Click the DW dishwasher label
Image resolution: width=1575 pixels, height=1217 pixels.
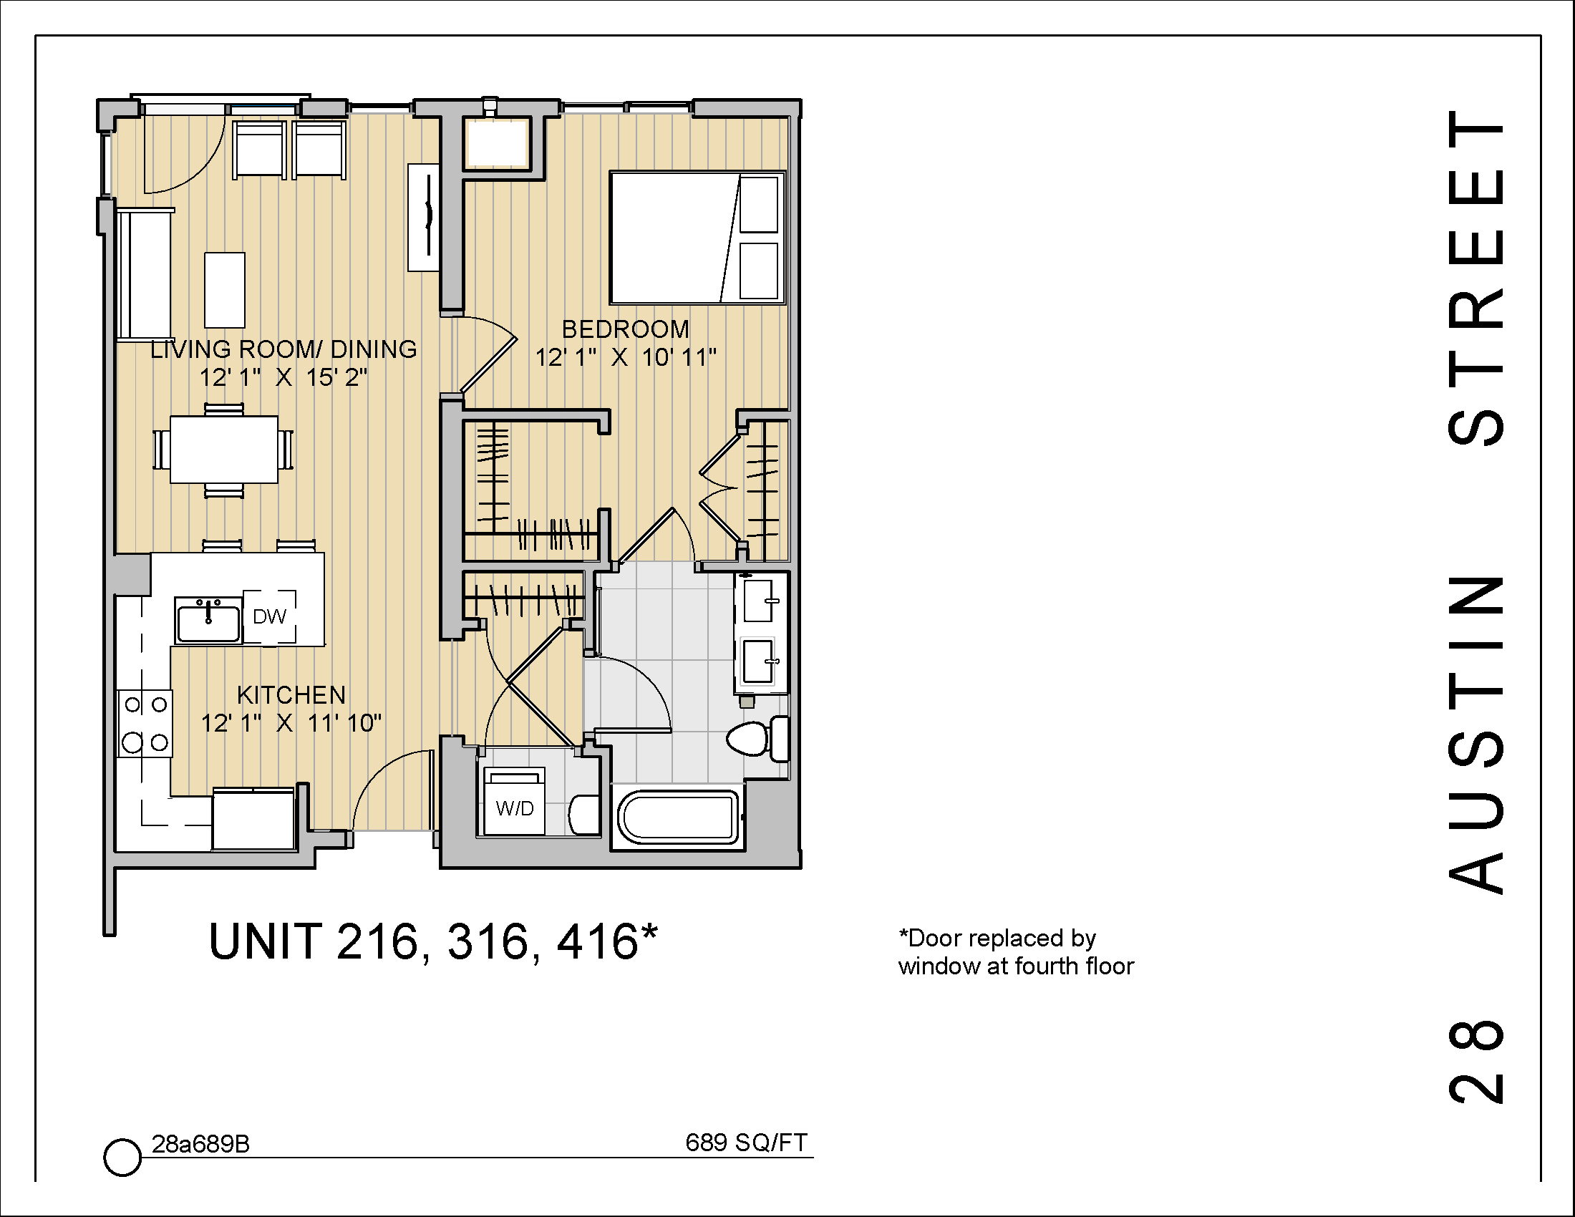[269, 617]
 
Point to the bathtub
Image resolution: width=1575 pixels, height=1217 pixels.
[677, 818]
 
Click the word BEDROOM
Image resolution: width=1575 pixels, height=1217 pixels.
[625, 329]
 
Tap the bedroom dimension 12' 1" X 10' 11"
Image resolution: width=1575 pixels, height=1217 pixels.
[625, 358]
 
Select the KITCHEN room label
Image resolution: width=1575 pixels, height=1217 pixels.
[291, 695]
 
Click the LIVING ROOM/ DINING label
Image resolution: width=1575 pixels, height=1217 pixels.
[283, 349]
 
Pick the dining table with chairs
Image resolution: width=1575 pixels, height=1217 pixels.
[223, 450]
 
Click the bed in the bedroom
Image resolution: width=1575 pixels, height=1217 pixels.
[697, 237]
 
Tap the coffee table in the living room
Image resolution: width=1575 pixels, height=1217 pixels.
[224, 290]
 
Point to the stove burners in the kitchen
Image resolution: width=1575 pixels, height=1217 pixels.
[145, 723]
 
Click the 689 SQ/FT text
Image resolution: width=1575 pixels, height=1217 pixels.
[746, 1143]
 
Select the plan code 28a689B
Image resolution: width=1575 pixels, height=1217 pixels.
[200, 1144]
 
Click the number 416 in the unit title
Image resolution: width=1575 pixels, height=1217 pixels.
[597, 942]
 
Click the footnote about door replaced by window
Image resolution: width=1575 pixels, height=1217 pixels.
[1014, 952]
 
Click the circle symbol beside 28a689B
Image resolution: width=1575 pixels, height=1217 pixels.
[122, 1158]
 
